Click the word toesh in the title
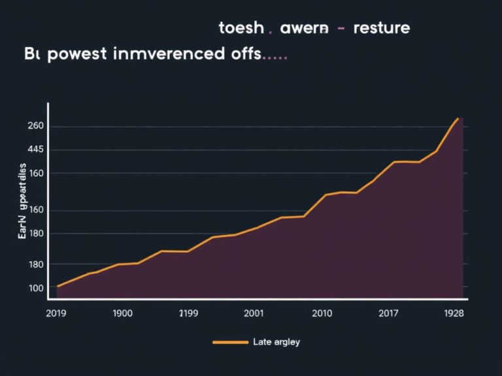[x=241, y=28]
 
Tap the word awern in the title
[x=304, y=28]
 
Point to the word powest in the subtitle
[x=80, y=54]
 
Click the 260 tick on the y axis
[x=35, y=126]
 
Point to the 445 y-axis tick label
[x=35, y=149]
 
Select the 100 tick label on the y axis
[x=35, y=288]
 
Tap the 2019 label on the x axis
[x=58, y=313]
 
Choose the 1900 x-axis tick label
[x=122, y=313]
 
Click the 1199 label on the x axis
[x=189, y=313]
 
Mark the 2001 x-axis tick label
[x=254, y=313]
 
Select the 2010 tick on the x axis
[x=322, y=313]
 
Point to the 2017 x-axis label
[x=388, y=313]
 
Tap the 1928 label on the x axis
[x=453, y=313]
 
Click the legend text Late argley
[x=276, y=342]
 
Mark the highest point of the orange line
[x=459, y=118]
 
